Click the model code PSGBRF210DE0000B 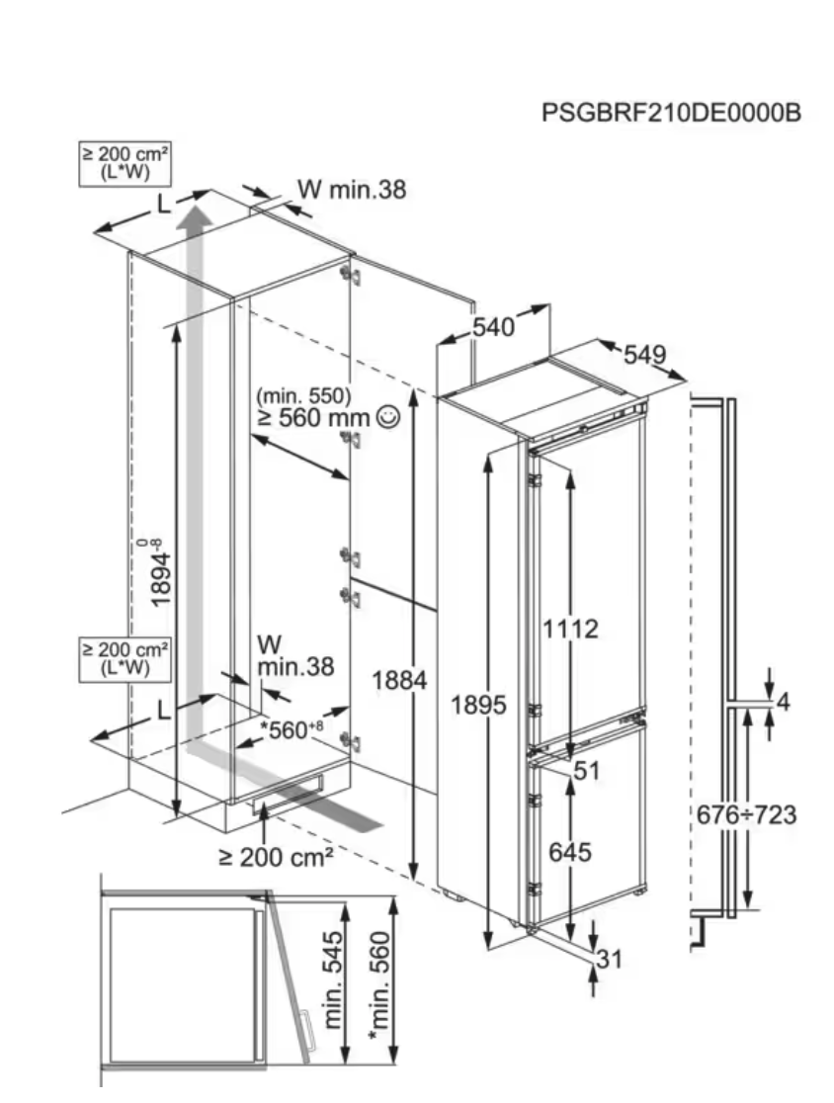tap(670, 113)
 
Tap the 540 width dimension tap(493, 327)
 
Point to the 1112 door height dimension tap(570, 629)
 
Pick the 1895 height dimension tap(478, 705)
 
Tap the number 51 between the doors tap(588, 771)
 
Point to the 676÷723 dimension tap(747, 815)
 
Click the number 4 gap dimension tap(784, 703)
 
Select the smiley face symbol tap(388, 418)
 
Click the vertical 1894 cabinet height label tap(158, 573)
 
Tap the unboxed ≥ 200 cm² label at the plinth tap(275, 857)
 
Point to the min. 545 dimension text tap(335, 977)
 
